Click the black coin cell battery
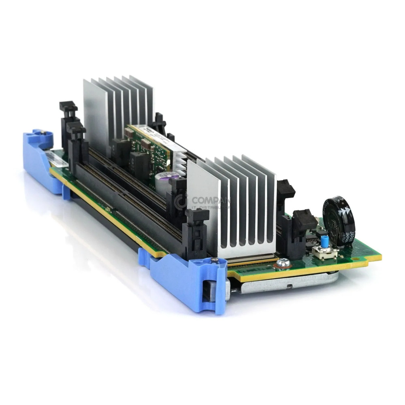[x=338, y=221]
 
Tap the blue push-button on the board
[x=324, y=242]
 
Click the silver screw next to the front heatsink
[x=283, y=264]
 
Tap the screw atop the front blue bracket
[x=214, y=260]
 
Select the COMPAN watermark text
[x=211, y=200]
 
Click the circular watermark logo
[x=181, y=201]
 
